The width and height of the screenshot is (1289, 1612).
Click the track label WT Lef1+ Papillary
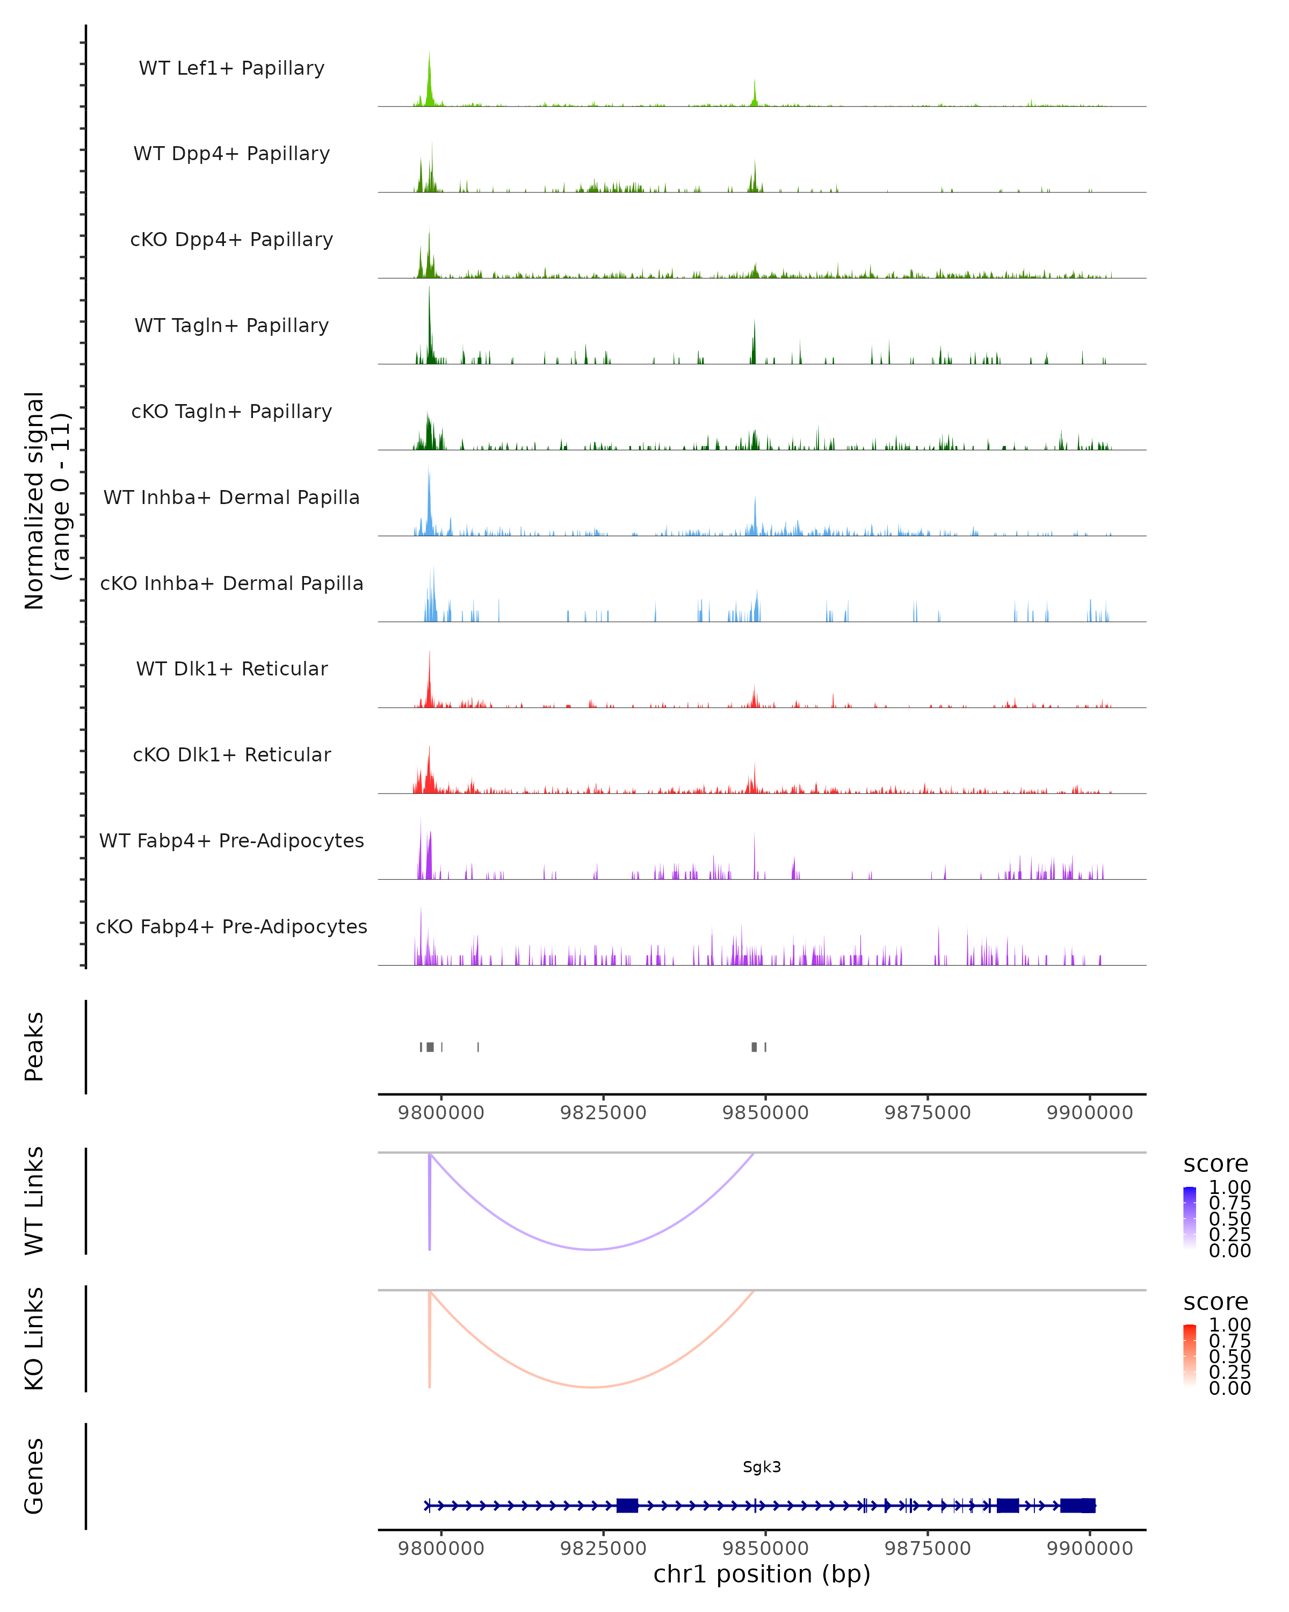pos(231,68)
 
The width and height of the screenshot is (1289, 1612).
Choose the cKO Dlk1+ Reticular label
pos(231,754)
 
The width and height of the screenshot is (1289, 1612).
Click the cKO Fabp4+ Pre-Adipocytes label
pos(231,926)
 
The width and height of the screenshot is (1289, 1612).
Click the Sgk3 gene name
pos(762,1467)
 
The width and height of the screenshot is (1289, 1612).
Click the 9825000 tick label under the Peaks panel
pos(603,1113)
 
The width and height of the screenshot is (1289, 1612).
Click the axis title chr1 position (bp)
pos(762,1574)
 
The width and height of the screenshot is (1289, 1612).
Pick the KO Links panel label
pos(34,1338)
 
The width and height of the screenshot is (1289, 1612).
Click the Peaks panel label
pos(34,1047)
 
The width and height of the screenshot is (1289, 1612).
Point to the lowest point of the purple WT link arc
pos(592,1249)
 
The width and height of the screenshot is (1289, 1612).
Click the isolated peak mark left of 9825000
pos(478,1047)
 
